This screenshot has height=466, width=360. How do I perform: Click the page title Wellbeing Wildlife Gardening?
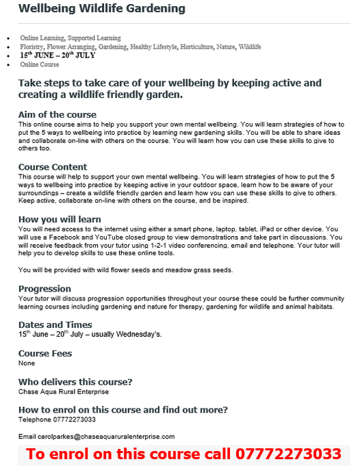[x=101, y=9]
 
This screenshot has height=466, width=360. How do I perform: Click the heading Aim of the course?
[x=57, y=114]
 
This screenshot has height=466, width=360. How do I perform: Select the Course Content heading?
[x=53, y=167]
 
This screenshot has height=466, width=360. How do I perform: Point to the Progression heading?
[x=44, y=289]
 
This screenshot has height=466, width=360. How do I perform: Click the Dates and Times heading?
[x=55, y=324]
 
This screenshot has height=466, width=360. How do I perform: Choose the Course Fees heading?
[x=45, y=354]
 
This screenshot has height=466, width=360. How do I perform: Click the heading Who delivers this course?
[x=75, y=382]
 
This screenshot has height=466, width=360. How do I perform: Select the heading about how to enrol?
[x=123, y=410]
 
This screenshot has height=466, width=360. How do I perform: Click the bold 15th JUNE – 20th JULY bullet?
[x=57, y=55]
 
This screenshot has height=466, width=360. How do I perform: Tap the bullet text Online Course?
[x=40, y=64]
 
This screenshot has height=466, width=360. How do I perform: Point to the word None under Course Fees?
[x=26, y=363]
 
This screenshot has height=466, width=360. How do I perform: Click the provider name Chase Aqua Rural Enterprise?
[x=63, y=392]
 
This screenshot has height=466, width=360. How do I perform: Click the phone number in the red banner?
[x=289, y=454]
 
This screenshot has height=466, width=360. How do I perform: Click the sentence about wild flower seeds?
[x=125, y=270]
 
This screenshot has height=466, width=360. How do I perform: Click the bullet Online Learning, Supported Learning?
[x=70, y=38]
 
